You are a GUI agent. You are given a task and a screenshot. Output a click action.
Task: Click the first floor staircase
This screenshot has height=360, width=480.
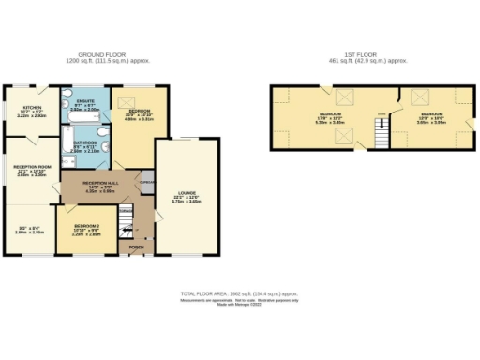tap(382, 136)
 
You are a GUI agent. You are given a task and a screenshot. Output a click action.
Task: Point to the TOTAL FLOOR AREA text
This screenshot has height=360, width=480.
tap(240, 292)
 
